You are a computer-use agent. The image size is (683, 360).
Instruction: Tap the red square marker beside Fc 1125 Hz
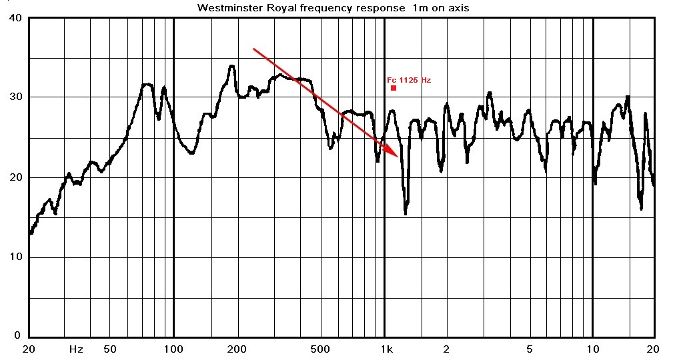click(394, 88)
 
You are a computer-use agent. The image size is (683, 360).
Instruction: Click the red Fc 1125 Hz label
click(409, 80)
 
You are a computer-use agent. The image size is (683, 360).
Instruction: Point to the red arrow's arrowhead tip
click(398, 157)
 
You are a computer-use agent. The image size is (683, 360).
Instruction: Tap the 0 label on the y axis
click(19, 336)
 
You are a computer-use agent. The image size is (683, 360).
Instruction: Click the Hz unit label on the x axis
click(76, 349)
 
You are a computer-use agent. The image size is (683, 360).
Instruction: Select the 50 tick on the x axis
click(110, 349)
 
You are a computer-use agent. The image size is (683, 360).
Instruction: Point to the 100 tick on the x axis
click(173, 349)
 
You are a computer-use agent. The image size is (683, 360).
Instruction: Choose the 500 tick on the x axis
click(320, 349)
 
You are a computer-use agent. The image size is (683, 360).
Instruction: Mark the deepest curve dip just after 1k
click(406, 213)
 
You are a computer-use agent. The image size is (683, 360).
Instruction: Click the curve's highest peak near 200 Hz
click(231, 66)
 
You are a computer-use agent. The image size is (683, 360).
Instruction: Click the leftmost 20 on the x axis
click(28, 349)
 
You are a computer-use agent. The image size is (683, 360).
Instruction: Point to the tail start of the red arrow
click(253, 49)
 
